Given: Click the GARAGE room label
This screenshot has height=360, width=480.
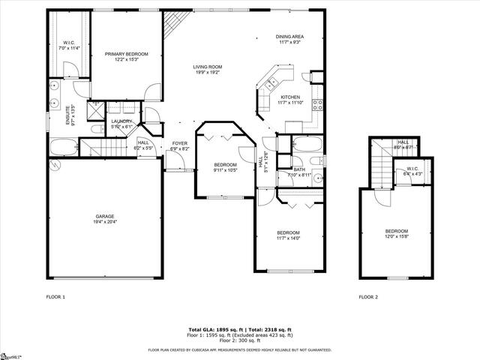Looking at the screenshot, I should [x=104, y=216].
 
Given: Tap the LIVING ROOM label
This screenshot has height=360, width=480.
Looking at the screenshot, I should [x=208, y=67].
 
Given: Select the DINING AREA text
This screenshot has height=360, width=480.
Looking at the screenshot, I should [x=289, y=37].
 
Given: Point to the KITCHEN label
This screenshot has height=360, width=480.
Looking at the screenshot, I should [x=290, y=97].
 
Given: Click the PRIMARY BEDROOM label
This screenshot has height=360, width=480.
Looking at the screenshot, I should [x=126, y=54].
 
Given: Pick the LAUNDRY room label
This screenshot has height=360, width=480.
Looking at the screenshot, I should [x=122, y=121].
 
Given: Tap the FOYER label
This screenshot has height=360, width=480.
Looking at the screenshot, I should [x=180, y=142].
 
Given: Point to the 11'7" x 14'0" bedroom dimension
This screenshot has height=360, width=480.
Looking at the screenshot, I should [x=288, y=238].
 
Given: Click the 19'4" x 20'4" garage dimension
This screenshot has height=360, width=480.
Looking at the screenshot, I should [x=104, y=222].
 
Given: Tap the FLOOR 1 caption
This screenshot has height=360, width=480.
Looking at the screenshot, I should [x=56, y=297].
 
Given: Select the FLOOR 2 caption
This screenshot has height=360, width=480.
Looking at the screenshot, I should [x=367, y=297].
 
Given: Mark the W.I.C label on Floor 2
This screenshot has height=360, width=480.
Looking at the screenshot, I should [x=412, y=168].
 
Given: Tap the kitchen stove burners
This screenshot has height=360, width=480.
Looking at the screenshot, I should [x=317, y=104].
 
